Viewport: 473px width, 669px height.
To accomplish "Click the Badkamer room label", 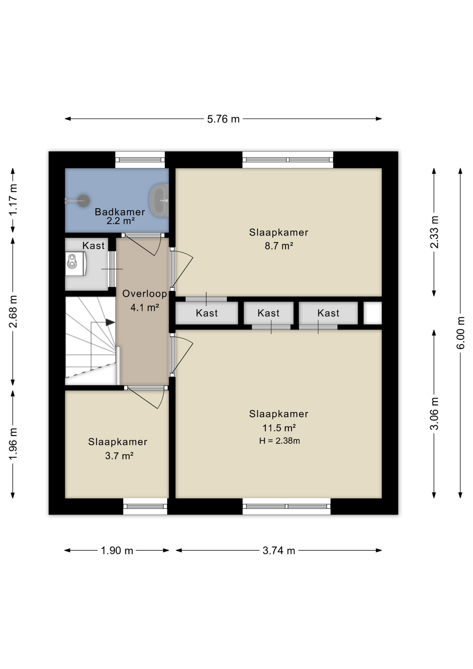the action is (120, 212).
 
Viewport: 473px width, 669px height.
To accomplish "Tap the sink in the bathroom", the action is (160, 200).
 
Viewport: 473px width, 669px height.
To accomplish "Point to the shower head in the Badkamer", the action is (83, 201).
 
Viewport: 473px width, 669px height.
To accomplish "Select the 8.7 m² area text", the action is (279, 246).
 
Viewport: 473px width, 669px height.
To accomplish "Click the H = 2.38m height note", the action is (279, 441).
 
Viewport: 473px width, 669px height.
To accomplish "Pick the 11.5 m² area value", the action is (279, 428).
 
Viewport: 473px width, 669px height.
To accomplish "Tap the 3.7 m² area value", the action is (119, 456).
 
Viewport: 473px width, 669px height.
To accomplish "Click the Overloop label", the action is (145, 294).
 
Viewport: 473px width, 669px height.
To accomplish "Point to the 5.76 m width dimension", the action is (223, 119).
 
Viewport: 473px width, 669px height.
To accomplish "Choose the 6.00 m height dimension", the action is (460, 333).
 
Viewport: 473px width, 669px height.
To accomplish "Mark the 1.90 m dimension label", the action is (117, 551).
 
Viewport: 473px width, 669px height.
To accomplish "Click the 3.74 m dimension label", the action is (279, 551).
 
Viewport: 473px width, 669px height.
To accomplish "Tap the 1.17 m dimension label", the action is (13, 200).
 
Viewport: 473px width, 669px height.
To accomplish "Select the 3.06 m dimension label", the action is (434, 414).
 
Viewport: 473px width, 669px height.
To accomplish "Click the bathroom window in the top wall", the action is (140, 160).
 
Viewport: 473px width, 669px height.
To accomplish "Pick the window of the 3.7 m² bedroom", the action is (145, 506).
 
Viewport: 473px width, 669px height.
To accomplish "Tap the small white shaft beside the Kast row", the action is (373, 313).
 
